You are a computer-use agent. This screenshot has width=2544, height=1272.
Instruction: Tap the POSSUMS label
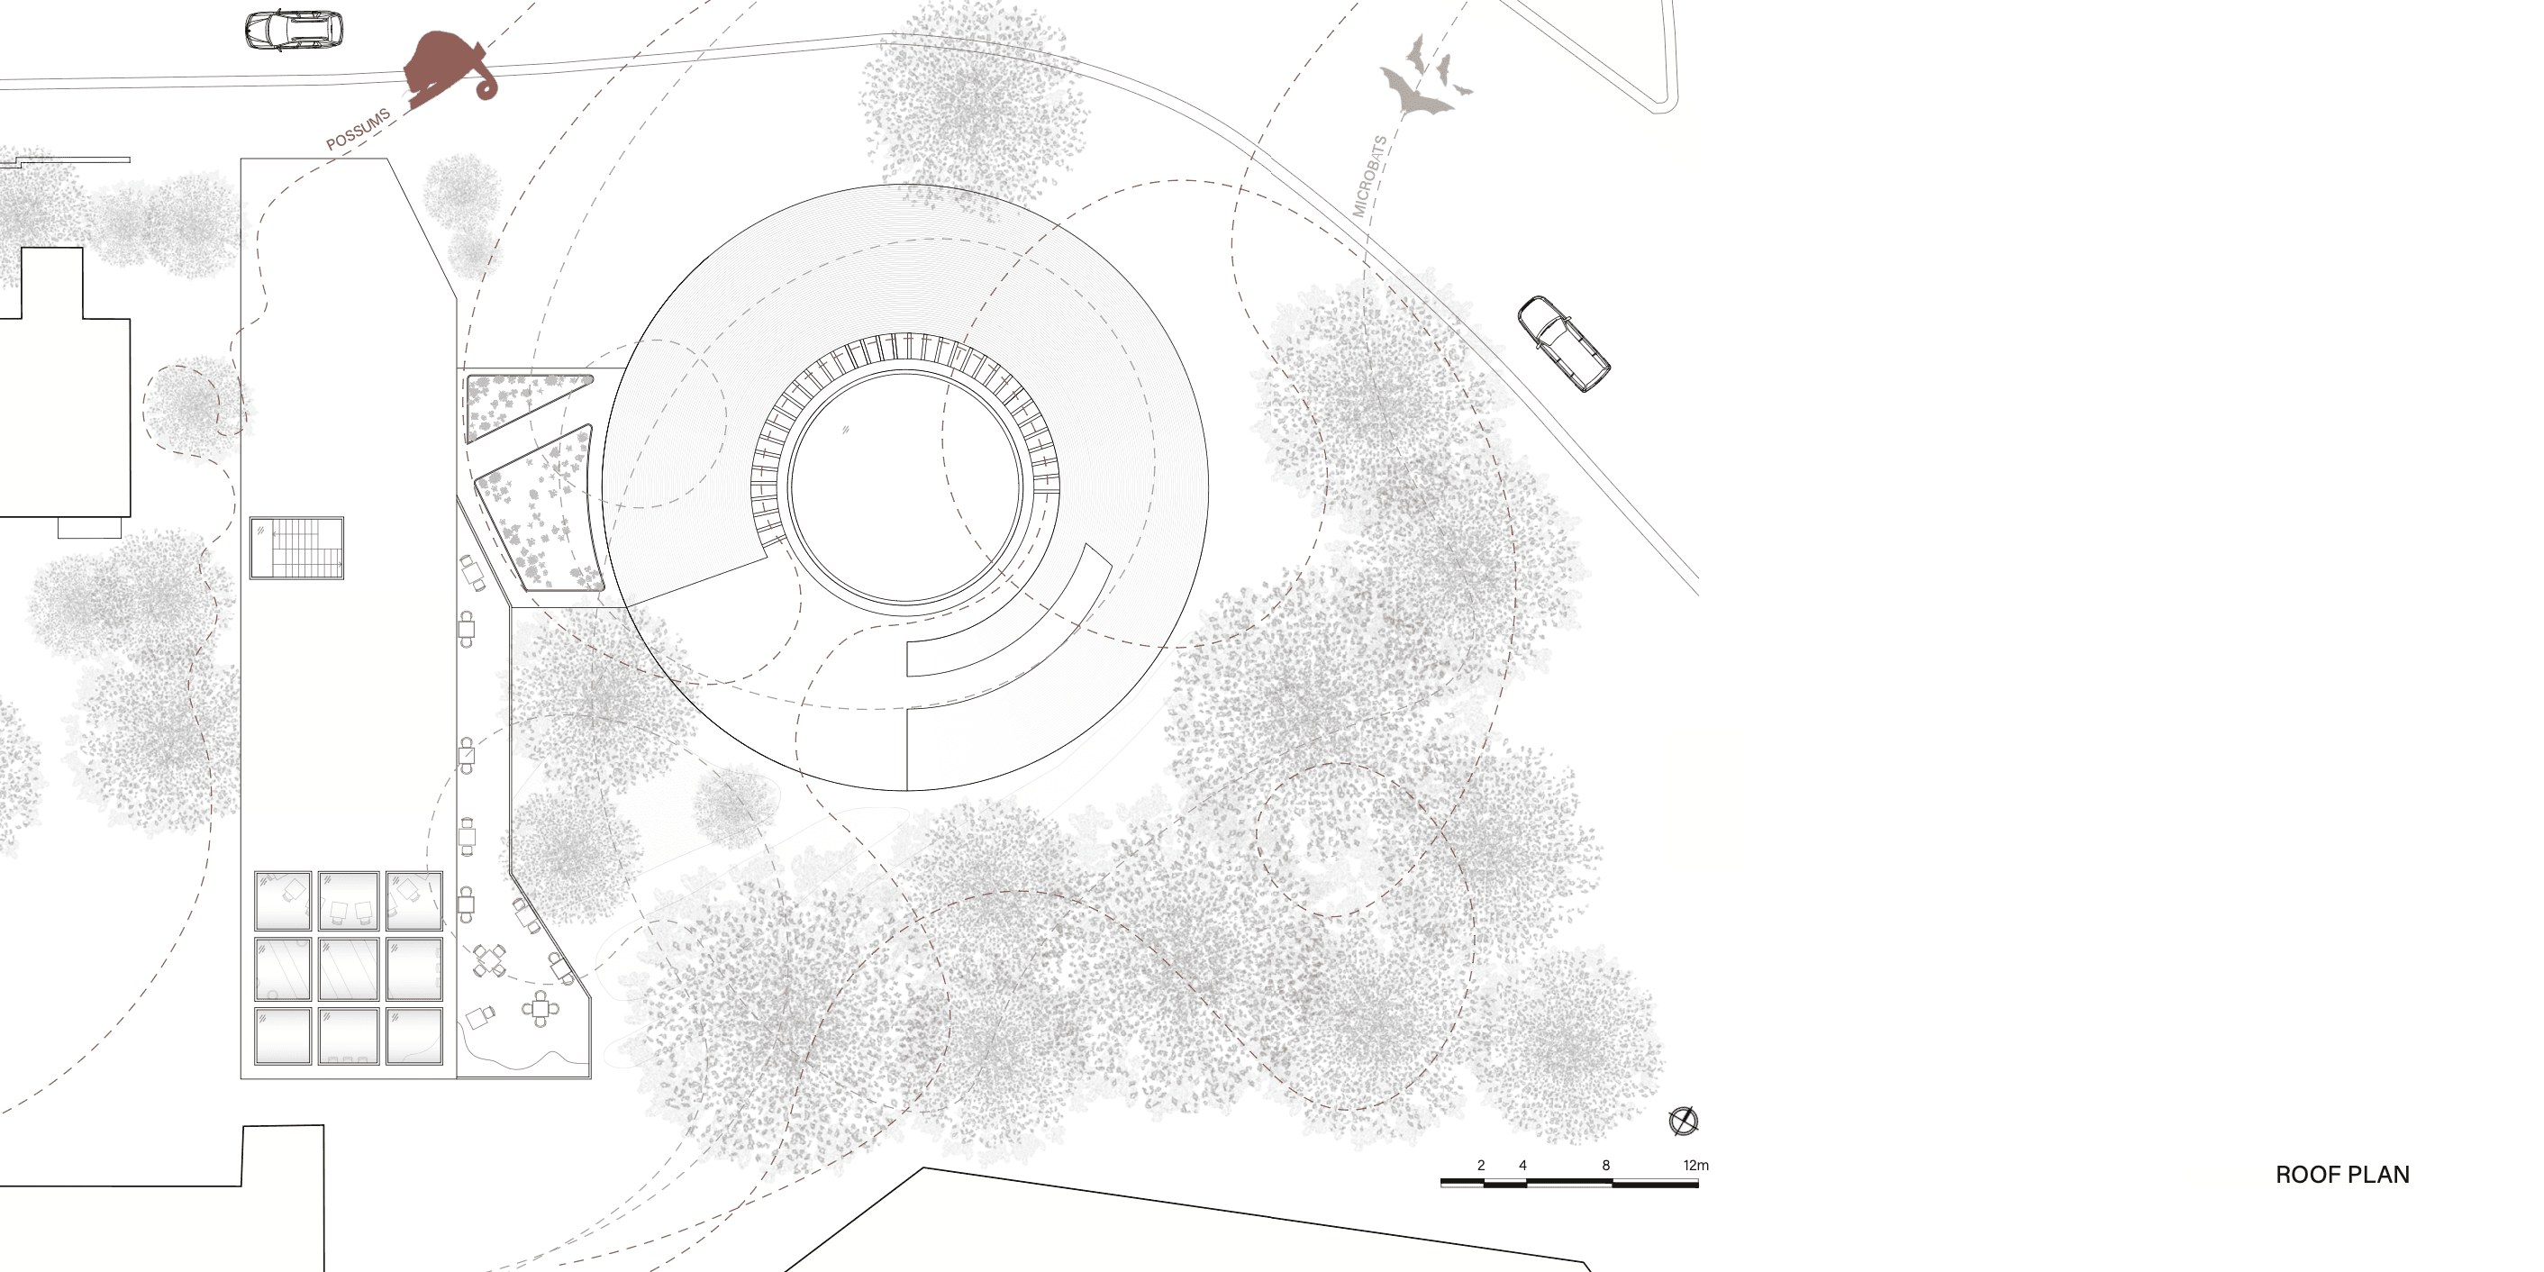(359, 130)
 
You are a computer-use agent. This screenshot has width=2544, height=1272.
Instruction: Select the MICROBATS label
(1370, 176)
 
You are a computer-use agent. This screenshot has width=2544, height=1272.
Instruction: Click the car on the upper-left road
(295, 30)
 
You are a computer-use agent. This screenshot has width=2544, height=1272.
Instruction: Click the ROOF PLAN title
(2342, 1174)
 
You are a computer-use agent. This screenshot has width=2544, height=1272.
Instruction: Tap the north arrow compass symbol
(1683, 1121)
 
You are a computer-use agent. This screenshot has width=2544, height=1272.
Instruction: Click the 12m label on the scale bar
(1695, 1166)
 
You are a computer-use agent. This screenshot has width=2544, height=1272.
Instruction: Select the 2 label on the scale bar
(1481, 1166)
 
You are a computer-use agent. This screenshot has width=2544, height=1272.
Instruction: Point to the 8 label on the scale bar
(1606, 1166)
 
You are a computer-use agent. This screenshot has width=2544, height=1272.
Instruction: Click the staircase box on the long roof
(296, 547)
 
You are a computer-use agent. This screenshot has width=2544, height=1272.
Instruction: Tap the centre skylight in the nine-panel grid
(349, 968)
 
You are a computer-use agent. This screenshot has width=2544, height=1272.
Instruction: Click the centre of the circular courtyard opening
(904, 486)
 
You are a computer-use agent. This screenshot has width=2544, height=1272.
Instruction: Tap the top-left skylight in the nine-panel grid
(283, 901)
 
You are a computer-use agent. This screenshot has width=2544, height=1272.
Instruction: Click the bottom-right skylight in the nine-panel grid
(413, 1035)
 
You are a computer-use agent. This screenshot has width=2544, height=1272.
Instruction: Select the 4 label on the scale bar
(1522, 1166)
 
